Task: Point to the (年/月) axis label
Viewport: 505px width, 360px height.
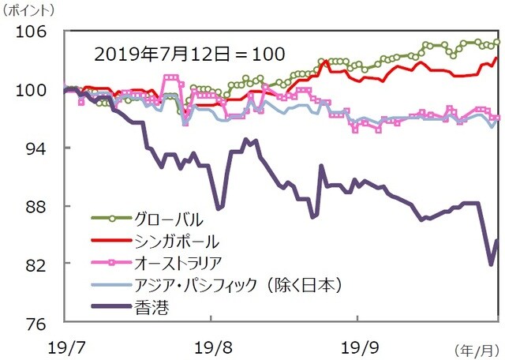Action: [477, 348]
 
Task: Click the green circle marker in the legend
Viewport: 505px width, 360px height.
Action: [111, 218]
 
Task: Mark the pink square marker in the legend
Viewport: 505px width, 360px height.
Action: [111, 262]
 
